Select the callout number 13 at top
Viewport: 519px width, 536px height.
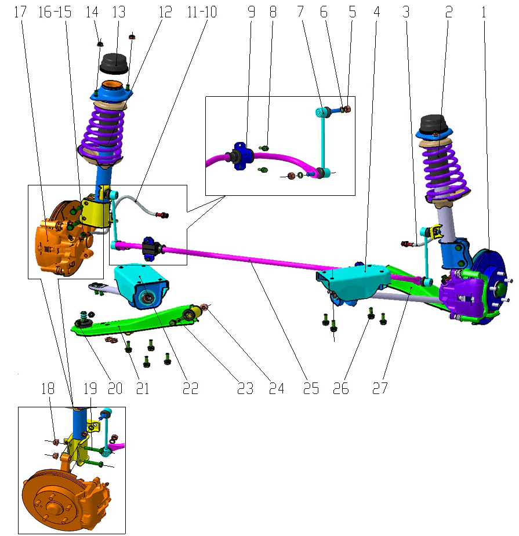click(x=118, y=12)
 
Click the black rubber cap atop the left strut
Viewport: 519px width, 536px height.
click(x=114, y=63)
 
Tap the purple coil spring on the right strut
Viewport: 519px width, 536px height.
click(x=442, y=168)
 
